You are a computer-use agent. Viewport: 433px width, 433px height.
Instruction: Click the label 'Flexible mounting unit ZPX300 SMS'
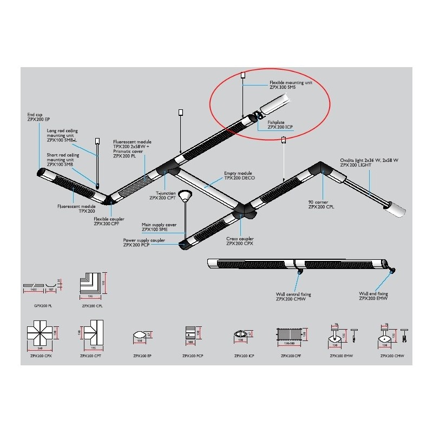(291, 86)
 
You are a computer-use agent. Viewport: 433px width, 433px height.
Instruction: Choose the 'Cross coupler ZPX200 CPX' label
(241, 241)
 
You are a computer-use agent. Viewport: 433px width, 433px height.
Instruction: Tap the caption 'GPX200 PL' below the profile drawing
(41, 305)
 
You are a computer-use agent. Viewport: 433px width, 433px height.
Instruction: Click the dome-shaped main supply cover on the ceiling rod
(186, 196)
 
